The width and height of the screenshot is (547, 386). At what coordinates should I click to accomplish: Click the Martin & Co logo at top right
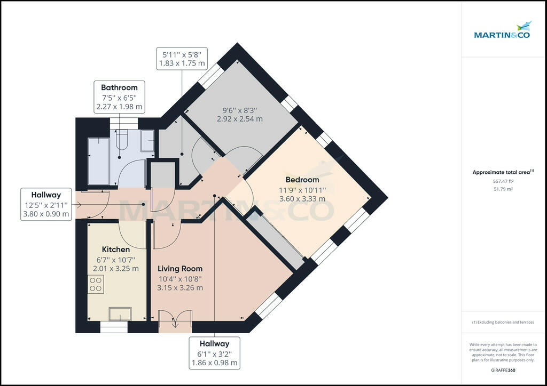pos(502,30)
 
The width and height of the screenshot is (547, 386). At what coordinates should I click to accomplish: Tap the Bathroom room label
pos(119,87)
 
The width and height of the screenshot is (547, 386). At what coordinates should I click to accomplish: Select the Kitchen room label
pos(116,249)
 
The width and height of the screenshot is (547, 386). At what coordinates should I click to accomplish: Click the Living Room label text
pos(180,268)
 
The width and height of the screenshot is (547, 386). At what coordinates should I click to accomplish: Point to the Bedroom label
pos(302,180)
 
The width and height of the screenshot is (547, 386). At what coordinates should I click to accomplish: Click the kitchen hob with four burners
pos(96,284)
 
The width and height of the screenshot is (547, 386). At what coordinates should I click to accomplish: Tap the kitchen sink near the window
pos(120,313)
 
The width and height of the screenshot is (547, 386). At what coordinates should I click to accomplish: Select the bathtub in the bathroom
pos(98,161)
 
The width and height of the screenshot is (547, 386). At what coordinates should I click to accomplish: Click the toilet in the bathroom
pos(121,139)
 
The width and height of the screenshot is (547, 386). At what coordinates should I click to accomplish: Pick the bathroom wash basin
pos(147,141)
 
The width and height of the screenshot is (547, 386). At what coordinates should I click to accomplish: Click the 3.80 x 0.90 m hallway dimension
pos(46,214)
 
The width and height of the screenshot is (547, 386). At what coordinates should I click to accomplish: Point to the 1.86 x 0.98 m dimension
pos(215,363)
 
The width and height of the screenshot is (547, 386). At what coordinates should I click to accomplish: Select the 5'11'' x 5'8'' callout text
pos(182,54)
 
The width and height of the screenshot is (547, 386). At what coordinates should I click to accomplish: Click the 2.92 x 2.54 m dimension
pos(240,119)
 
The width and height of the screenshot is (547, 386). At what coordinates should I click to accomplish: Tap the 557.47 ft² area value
pos(503,181)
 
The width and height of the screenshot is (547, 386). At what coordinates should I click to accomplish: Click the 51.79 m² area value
pos(503,189)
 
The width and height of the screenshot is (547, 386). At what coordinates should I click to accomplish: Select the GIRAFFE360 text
pos(503,370)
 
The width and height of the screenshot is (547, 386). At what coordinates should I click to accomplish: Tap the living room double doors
pos(175,318)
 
